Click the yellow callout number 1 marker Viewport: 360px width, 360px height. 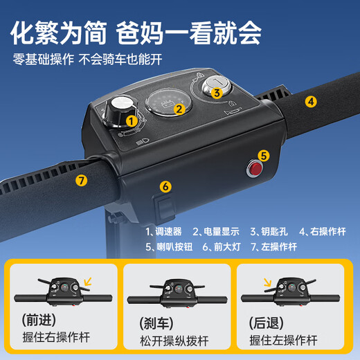130,120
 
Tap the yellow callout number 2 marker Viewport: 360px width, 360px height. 179,107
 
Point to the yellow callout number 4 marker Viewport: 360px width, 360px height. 312,101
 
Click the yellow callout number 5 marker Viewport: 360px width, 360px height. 263,155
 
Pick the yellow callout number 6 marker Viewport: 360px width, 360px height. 165,186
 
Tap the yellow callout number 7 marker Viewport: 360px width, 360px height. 82,181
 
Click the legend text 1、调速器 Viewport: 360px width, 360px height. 164,231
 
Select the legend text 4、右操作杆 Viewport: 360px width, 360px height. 322,231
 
